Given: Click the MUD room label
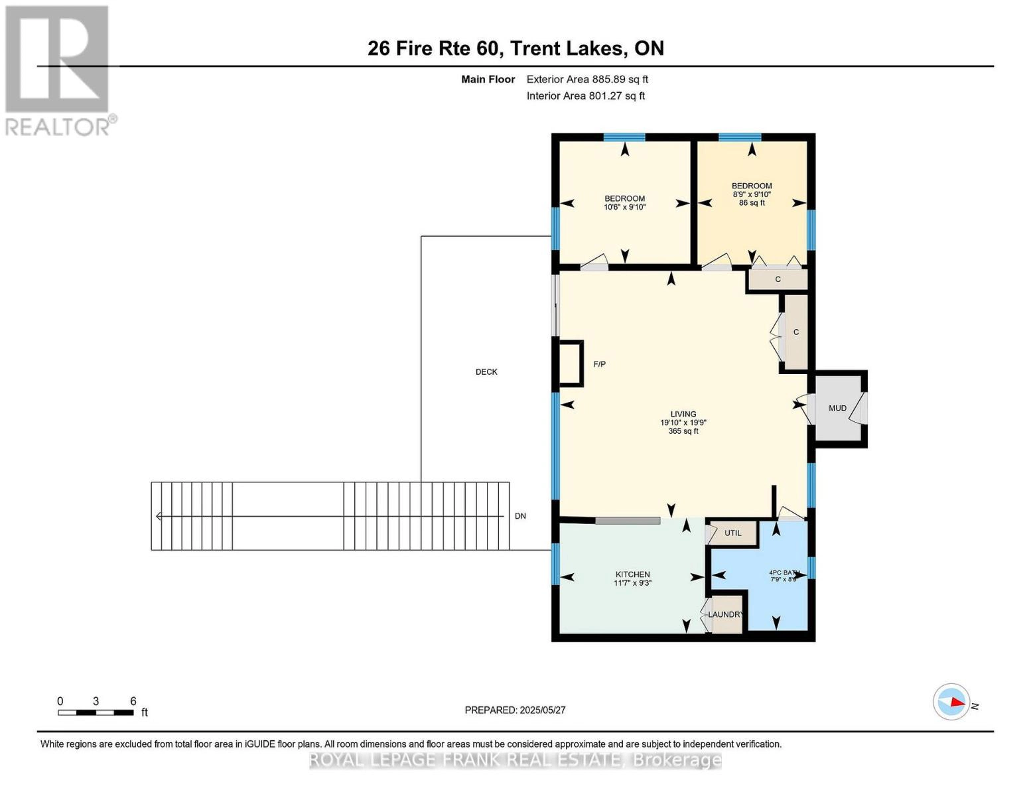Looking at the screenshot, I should pyautogui.click(x=837, y=408).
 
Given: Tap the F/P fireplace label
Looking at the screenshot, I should pyautogui.click(x=599, y=364).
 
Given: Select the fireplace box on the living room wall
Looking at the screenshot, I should pyautogui.click(x=571, y=363).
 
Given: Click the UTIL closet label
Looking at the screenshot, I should pyautogui.click(x=732, y=533).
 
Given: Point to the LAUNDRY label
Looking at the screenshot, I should pyautogui.click(x=725, y=614).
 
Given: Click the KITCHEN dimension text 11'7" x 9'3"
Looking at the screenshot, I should pyautogui.click(x=632, y=583).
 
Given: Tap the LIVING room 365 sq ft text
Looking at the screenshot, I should pyautogui.click(x=683, y=431).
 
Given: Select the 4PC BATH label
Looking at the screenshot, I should pyautogui.click(x=784, y=572).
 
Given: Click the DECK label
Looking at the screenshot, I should pyautogui.click(x=486, y=372).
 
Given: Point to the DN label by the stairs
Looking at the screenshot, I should pyautogui.click(x=520, y=516).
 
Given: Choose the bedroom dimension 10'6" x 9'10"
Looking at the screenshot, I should pyautogui.click(x=624, y=207).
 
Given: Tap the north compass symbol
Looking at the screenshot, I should pyautogui.click(x=952, y=702).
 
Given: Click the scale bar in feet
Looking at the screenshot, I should pyautogui.click(x=96, y=712).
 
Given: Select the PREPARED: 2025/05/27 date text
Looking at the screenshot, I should pyautogui.click(x=515, y=710).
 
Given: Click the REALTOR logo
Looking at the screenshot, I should pyautogui.click(x=58, y=70).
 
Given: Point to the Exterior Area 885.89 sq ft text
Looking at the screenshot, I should pyautogui.click(x=587, y=80).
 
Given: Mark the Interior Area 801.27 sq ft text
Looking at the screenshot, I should pyautogui.click(x=585, y=96).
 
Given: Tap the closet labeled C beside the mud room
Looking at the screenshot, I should pyautogui.click(x=795, y=332).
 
